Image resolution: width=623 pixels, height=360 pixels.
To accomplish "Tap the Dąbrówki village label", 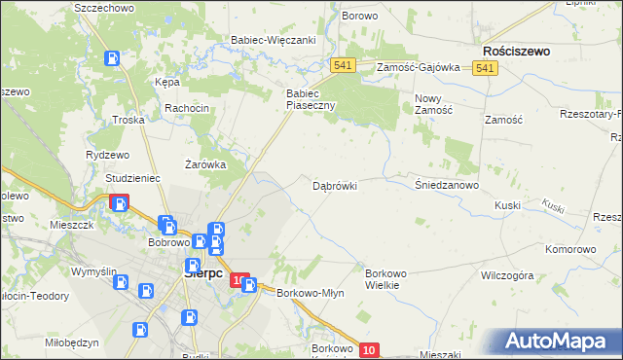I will (x=335, y=185).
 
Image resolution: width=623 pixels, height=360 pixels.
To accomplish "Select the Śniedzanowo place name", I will (x=447, y=185).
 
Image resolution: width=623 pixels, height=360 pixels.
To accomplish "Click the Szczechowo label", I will (x=102, y=8).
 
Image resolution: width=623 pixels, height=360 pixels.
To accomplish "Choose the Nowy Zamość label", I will (x=434, y=104).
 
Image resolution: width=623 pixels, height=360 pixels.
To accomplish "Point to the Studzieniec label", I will (x=132, y=179).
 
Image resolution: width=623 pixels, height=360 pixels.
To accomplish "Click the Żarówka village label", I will (x=205, y=164).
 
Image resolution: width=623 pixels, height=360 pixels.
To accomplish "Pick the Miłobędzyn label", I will (x=72, y=342).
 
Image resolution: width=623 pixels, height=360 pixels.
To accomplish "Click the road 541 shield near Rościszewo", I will (x=487, y=67).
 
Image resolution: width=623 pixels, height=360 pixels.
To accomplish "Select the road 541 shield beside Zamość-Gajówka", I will (x=342, y=65).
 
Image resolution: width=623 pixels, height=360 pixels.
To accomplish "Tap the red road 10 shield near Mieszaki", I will (x=367, y=350).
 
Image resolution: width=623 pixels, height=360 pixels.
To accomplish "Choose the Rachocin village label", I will (x=187, y=108).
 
